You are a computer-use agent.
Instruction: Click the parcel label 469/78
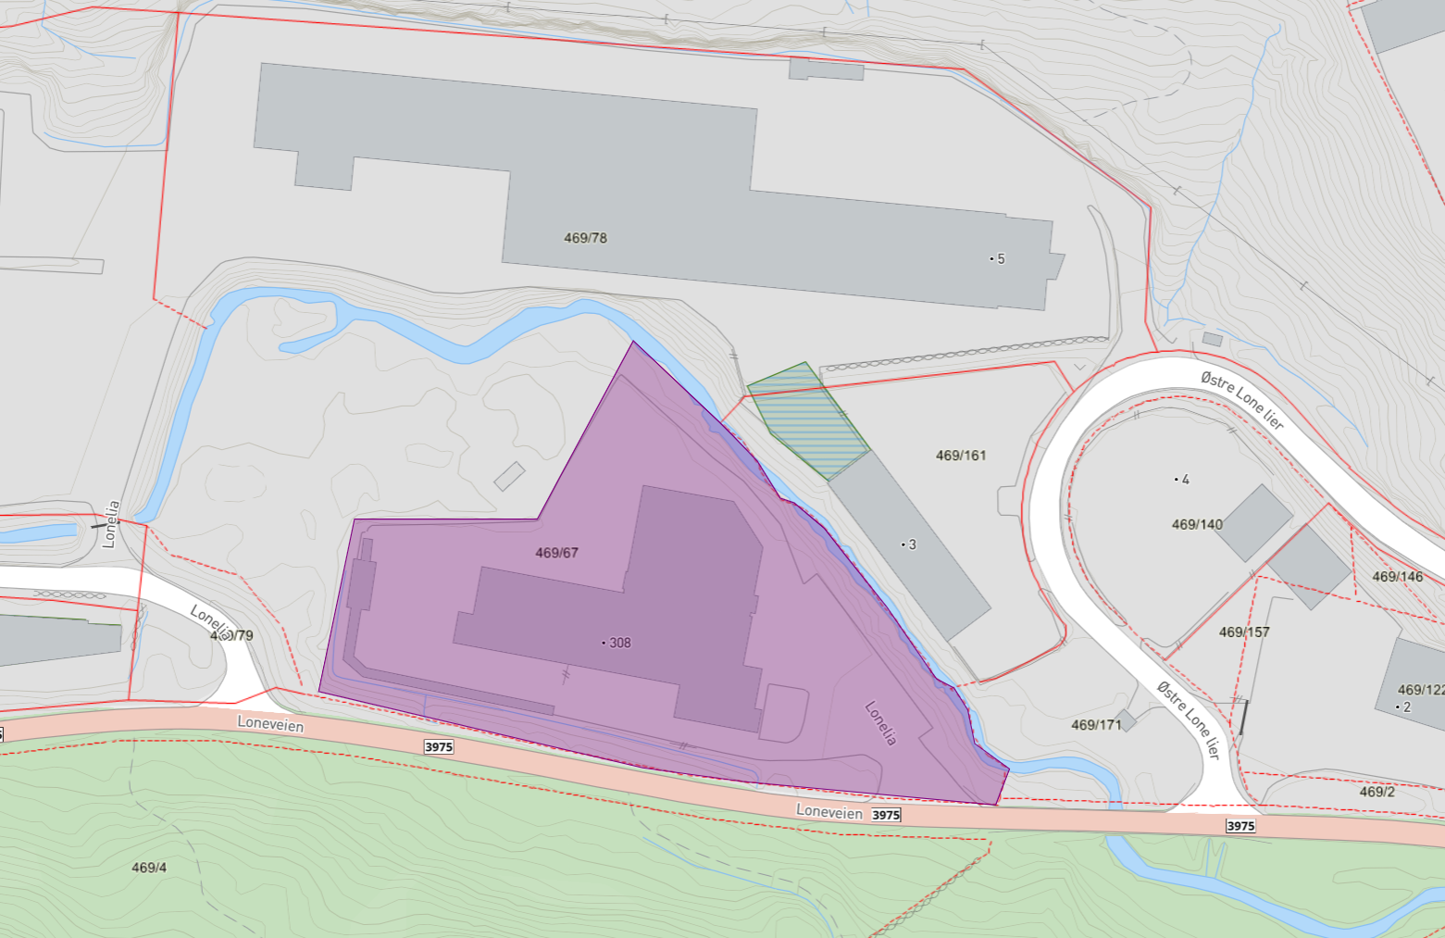click(585, 238)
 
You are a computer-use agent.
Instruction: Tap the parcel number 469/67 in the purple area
click(556, 553)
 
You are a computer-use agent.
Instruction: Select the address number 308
click(619, 643)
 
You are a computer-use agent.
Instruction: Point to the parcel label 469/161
click(961, 456)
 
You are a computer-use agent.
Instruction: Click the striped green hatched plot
click(807, 419)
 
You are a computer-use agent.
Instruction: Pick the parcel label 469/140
click(1197, 524)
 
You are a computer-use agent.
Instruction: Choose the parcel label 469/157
click(1244, 632)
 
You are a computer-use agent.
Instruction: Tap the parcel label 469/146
click(1397, 577)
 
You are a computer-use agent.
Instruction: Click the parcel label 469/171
click(1096, 725)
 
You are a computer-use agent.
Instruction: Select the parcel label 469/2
click(1376, 792)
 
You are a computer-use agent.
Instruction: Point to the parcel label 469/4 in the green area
click(149, 868)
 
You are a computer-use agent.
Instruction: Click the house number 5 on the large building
click(1001, 259)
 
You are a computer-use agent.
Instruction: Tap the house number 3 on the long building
click(912, 544)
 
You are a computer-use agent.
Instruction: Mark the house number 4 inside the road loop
click(1185, 480)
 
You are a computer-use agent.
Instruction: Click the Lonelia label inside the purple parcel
click(880, 723)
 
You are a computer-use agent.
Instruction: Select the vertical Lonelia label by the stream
click(111, 524)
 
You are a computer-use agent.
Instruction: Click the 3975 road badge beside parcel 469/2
click(1240, 826)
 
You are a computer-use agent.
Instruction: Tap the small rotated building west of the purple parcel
click(509, 476)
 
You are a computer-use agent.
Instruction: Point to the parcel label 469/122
click(1421, 690)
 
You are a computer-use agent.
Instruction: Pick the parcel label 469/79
click(231, 635)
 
